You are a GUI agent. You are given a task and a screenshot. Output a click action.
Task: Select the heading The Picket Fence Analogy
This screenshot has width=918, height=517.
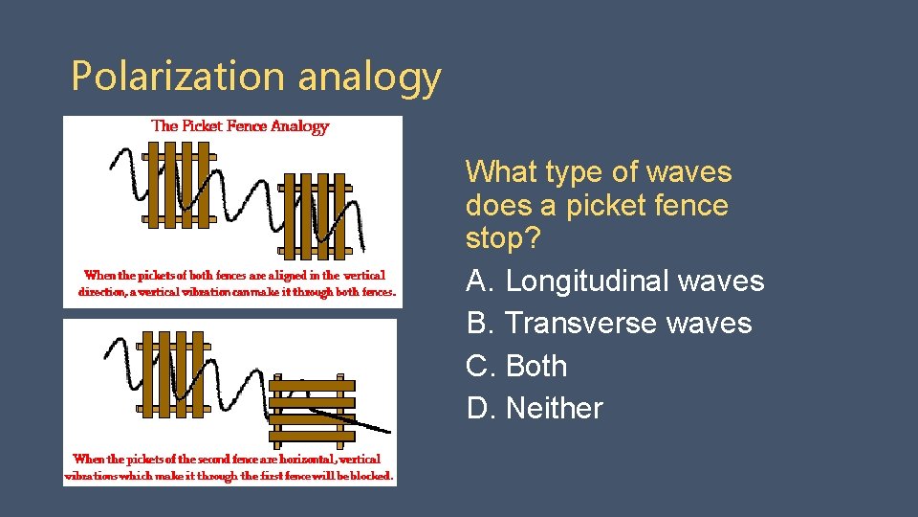(x=240, y=126)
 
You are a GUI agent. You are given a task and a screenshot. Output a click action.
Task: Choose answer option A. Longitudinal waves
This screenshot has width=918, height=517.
(x=615, y=281)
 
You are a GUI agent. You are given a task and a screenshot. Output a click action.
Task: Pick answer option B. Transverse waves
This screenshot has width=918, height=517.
(x=609, y=324)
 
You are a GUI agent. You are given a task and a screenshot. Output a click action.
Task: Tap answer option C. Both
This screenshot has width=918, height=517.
(x=516, y=366)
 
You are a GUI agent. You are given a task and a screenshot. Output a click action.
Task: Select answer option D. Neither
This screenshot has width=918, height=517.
(x=535, y=408)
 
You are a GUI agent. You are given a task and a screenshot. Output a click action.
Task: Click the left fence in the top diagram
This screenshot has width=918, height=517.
(x=179, y=186)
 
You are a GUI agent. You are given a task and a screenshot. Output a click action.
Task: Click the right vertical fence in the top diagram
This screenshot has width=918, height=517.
(x=316, y=215)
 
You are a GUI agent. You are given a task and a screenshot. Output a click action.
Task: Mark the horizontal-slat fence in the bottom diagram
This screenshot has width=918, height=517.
(x=311, y=410)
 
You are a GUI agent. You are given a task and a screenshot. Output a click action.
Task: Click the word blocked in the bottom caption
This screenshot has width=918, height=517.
(x=366, y=476)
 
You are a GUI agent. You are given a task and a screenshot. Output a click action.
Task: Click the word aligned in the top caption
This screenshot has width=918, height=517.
(x=277, y=276)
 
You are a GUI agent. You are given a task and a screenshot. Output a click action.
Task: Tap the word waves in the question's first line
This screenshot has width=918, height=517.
(x=688, y=172)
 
